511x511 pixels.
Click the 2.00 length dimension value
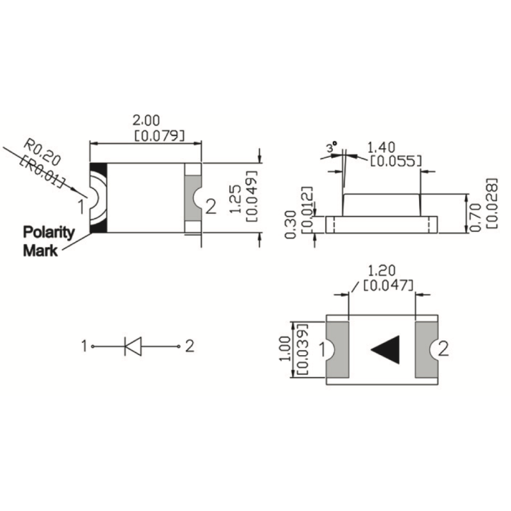(x=146, y=119)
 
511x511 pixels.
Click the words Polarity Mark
(x=49, y=241)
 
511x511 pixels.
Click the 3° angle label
(x=331, y=148)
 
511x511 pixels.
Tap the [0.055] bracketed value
(x=396, y=160)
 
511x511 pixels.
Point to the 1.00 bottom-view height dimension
(x=288, y=349)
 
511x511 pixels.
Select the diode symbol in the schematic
(x=133, y=346)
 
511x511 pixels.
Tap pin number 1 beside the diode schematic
(x=84, y=346)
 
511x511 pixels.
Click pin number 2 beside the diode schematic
(x=190, y=346)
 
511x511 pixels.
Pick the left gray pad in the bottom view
(x=339, y=349)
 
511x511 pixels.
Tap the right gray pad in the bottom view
(x=423, y=349)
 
